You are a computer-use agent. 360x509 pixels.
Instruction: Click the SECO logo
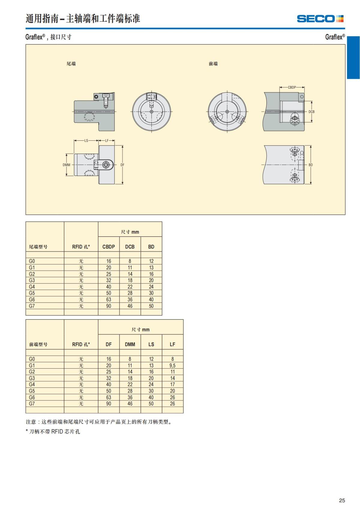320,19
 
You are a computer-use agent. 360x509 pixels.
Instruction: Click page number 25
342,500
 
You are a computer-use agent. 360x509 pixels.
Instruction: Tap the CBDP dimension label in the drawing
292,88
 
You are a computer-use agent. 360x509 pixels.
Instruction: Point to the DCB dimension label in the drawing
311,112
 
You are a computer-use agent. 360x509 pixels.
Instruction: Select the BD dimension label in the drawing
310,165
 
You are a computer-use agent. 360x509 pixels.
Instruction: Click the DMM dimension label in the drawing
66,165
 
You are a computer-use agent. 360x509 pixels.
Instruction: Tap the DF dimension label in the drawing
122,165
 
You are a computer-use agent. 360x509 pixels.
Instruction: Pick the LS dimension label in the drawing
86,141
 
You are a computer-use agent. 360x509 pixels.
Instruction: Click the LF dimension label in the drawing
106,141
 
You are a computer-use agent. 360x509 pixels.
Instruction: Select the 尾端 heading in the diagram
71,64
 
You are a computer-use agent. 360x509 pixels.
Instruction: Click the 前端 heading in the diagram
213,64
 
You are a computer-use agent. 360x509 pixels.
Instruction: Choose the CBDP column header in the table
109,247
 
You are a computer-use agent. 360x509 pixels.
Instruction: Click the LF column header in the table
172,344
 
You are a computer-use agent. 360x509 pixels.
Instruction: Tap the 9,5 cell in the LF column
172,365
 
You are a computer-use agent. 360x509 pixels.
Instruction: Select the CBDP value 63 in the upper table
109,299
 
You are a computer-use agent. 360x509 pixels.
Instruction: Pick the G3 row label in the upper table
32,280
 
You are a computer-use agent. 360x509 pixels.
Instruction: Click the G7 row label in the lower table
32,404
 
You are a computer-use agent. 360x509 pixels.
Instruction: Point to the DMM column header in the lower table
130,344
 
